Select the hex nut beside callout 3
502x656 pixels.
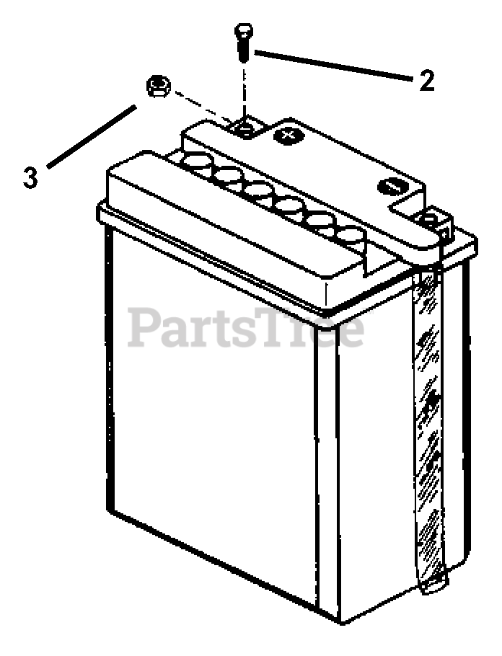pyautogui.click(x=157, y=88)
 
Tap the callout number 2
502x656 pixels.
pyautogui.click(x=427, y=80)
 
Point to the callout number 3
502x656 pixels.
pyautogui.click(x=30, y=177)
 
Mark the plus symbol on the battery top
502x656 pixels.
pyautogui.click(x=288, y=133)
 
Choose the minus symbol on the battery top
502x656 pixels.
pyautogui.click(x=389, y=187)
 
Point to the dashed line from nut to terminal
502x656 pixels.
pyautogui.click(x=202, y=108)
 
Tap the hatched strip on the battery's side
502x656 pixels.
pyautogui.click(x=431, y=404)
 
